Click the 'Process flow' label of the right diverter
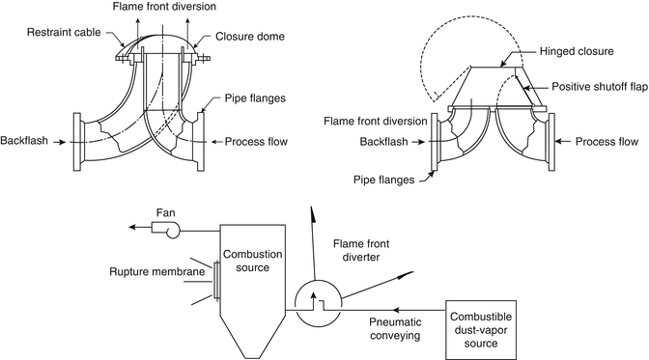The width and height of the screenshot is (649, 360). pyautogui.click(x=606, y=141)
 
